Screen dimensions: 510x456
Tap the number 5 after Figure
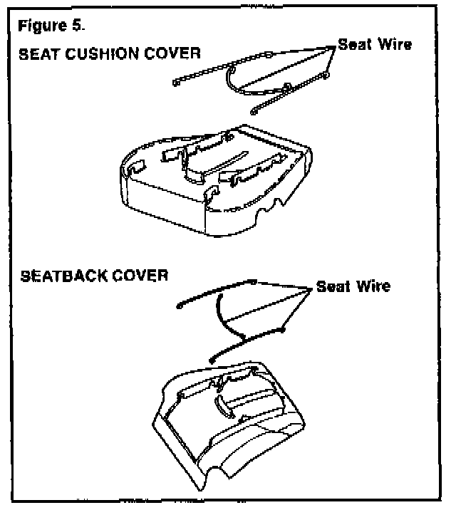78,28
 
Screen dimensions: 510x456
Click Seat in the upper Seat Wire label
353,44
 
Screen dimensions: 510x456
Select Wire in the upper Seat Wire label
393,44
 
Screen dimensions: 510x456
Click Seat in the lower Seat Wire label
332,286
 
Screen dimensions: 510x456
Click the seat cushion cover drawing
214,178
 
